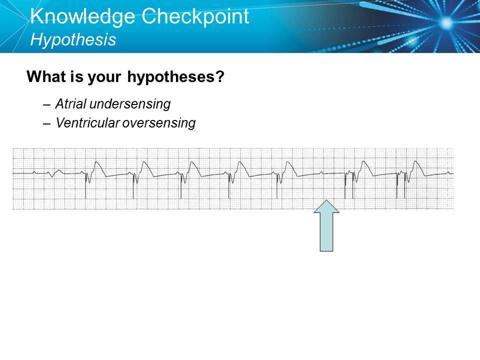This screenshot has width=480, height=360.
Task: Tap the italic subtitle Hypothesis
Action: point(73,39)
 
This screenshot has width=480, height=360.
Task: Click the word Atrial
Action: point(70,104)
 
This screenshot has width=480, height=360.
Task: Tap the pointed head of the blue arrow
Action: point(326,202)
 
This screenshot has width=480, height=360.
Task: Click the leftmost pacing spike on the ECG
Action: point(86,185)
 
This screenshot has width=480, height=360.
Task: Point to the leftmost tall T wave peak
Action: point(96,161)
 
